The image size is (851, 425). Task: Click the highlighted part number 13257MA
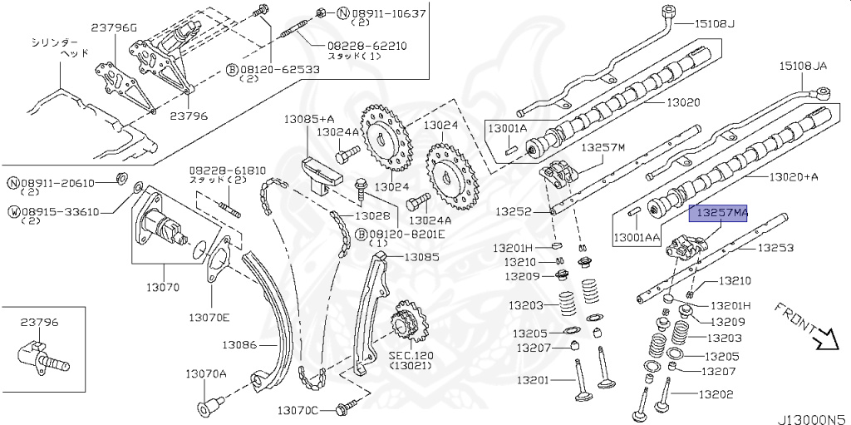click(719, 214)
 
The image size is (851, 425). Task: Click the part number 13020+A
click(793, 176)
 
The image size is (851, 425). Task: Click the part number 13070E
click(209, 317)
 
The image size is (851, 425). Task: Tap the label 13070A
click(205, 373)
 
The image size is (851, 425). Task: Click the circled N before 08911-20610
click(14, 183)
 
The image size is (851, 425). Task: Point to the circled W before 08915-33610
click(14, 211)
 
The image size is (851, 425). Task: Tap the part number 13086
click(239, 343)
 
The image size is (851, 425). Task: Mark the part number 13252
click(514, 212)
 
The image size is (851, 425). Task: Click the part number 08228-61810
click(221, 169)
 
